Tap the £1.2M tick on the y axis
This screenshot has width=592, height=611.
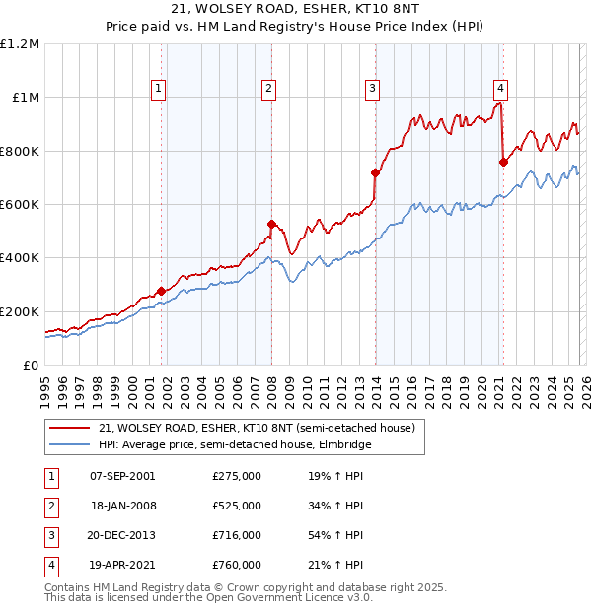tap(20, 44)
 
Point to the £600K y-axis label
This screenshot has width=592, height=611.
tap(20, 205)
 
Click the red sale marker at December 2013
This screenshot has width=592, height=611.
tap(375, 172)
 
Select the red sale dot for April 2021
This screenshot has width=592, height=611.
tap(503, 162)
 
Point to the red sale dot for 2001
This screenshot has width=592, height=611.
tap(161, 291)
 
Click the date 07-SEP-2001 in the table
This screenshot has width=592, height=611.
tap(122, 476)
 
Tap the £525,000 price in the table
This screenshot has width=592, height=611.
tap(237, 506)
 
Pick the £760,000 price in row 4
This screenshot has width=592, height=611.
tap(237, 565)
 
